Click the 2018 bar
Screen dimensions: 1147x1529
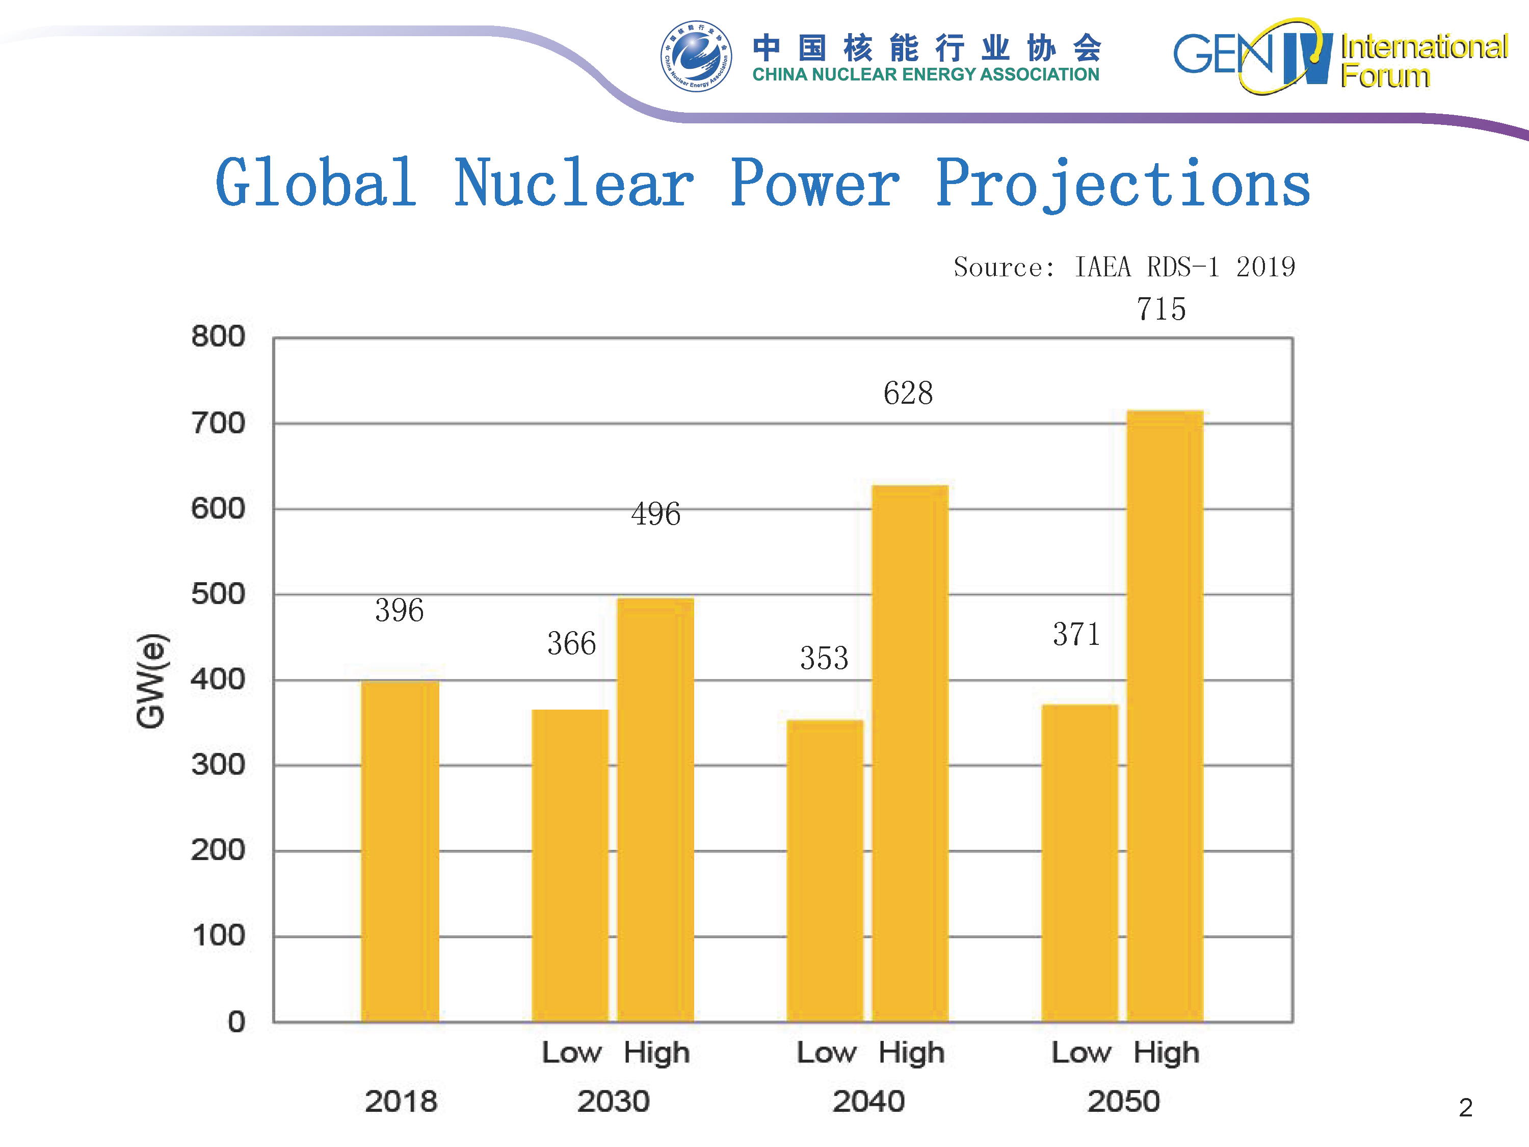[x=400, y=850]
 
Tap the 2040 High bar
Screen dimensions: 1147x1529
[x=910, y=753]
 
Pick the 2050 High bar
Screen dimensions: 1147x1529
[x=1165, y=716]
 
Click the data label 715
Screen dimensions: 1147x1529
[x=1161, y=308]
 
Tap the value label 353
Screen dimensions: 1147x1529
[x=824, y=658]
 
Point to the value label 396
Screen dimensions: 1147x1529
[x=400, y=610]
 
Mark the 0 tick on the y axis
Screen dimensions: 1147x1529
[x=236, y=1021]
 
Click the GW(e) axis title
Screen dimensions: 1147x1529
[x=151, y=681]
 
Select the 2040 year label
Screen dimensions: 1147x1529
[x=868, y=1101]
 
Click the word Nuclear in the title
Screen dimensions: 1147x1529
[x=574, y=183]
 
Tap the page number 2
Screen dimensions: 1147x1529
[x=1465, y=1108]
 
